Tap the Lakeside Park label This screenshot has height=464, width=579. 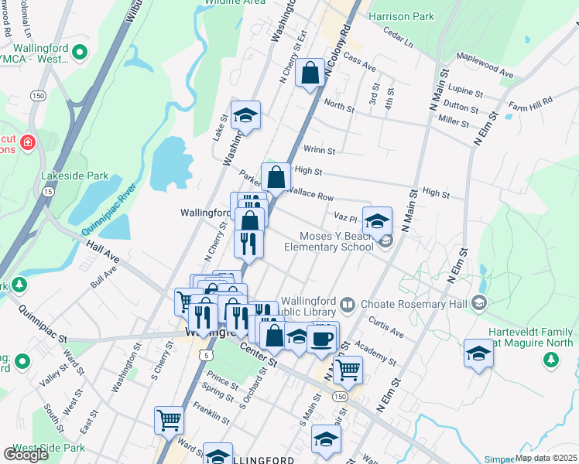pos(75,176)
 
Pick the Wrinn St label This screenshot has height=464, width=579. pos(319,151)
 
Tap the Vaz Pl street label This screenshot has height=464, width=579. pos(344,218)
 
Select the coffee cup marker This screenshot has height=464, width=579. pos(322,338)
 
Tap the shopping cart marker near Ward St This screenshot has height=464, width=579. pos(169,421)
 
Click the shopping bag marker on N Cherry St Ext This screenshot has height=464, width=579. pos(310,74)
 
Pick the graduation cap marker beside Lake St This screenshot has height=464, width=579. pos(245,116)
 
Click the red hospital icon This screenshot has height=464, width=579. pos(29,142)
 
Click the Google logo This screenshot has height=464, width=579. pos(26,455)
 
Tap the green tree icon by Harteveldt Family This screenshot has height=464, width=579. pos(551,359)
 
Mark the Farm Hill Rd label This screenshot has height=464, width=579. pos(530,101)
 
